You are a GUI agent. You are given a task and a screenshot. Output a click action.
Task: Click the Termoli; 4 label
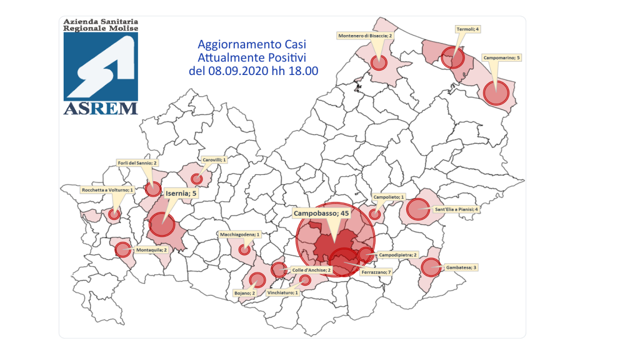(467, 29)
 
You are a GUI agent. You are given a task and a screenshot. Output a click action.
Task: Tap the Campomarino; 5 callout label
(501, 57)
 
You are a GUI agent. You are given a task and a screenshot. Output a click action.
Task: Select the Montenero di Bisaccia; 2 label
(366, 36)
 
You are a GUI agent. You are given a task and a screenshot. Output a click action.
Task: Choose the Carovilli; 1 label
(214, 160)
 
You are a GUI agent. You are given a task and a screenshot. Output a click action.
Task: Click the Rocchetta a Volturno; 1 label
(107, 189)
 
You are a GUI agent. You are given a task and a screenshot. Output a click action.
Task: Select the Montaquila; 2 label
(150, 249)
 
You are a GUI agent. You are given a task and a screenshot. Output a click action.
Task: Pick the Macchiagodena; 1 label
(239, 234)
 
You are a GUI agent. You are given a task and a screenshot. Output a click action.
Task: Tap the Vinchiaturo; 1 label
(283, 292)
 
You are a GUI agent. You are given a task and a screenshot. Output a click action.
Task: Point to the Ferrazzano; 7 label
(377, 272)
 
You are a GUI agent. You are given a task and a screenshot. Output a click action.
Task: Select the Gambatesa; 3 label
(461, 267)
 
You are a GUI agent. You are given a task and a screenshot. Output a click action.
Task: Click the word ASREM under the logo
(101, 108)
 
